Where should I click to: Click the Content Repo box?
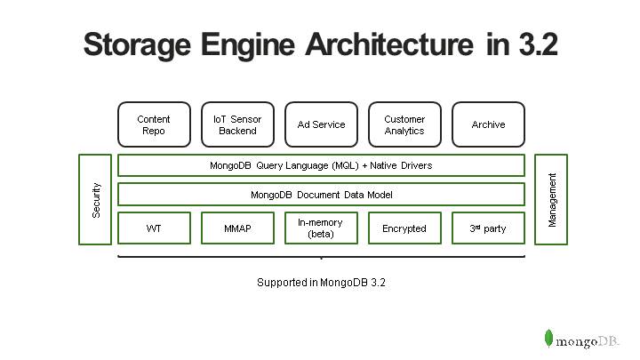click(x=154, y=124)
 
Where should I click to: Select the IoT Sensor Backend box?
click(x=237, y=124)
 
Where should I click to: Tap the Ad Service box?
click(x=321, y=124)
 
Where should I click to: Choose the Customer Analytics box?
click(x=404, y=124)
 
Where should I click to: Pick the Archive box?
click(x=488, y=124)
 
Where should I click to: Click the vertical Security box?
click(x=95, y=199)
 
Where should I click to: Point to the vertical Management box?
click(x=551, y=199)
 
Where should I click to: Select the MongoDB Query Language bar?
click(x=321, y=165)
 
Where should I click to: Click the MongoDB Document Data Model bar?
click(x=321, y=194)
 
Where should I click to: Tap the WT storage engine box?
click(x=154, y=228)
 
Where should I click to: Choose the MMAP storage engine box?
click(x=237, y=228)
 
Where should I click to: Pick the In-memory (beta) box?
click(x=321, y=228)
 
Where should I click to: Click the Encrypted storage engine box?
click(x=404, y=228)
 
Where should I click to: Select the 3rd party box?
click(x=488, y=228)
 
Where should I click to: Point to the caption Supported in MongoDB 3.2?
click(x=321, y=282)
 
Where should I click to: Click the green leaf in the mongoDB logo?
click(x=549, y=338)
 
